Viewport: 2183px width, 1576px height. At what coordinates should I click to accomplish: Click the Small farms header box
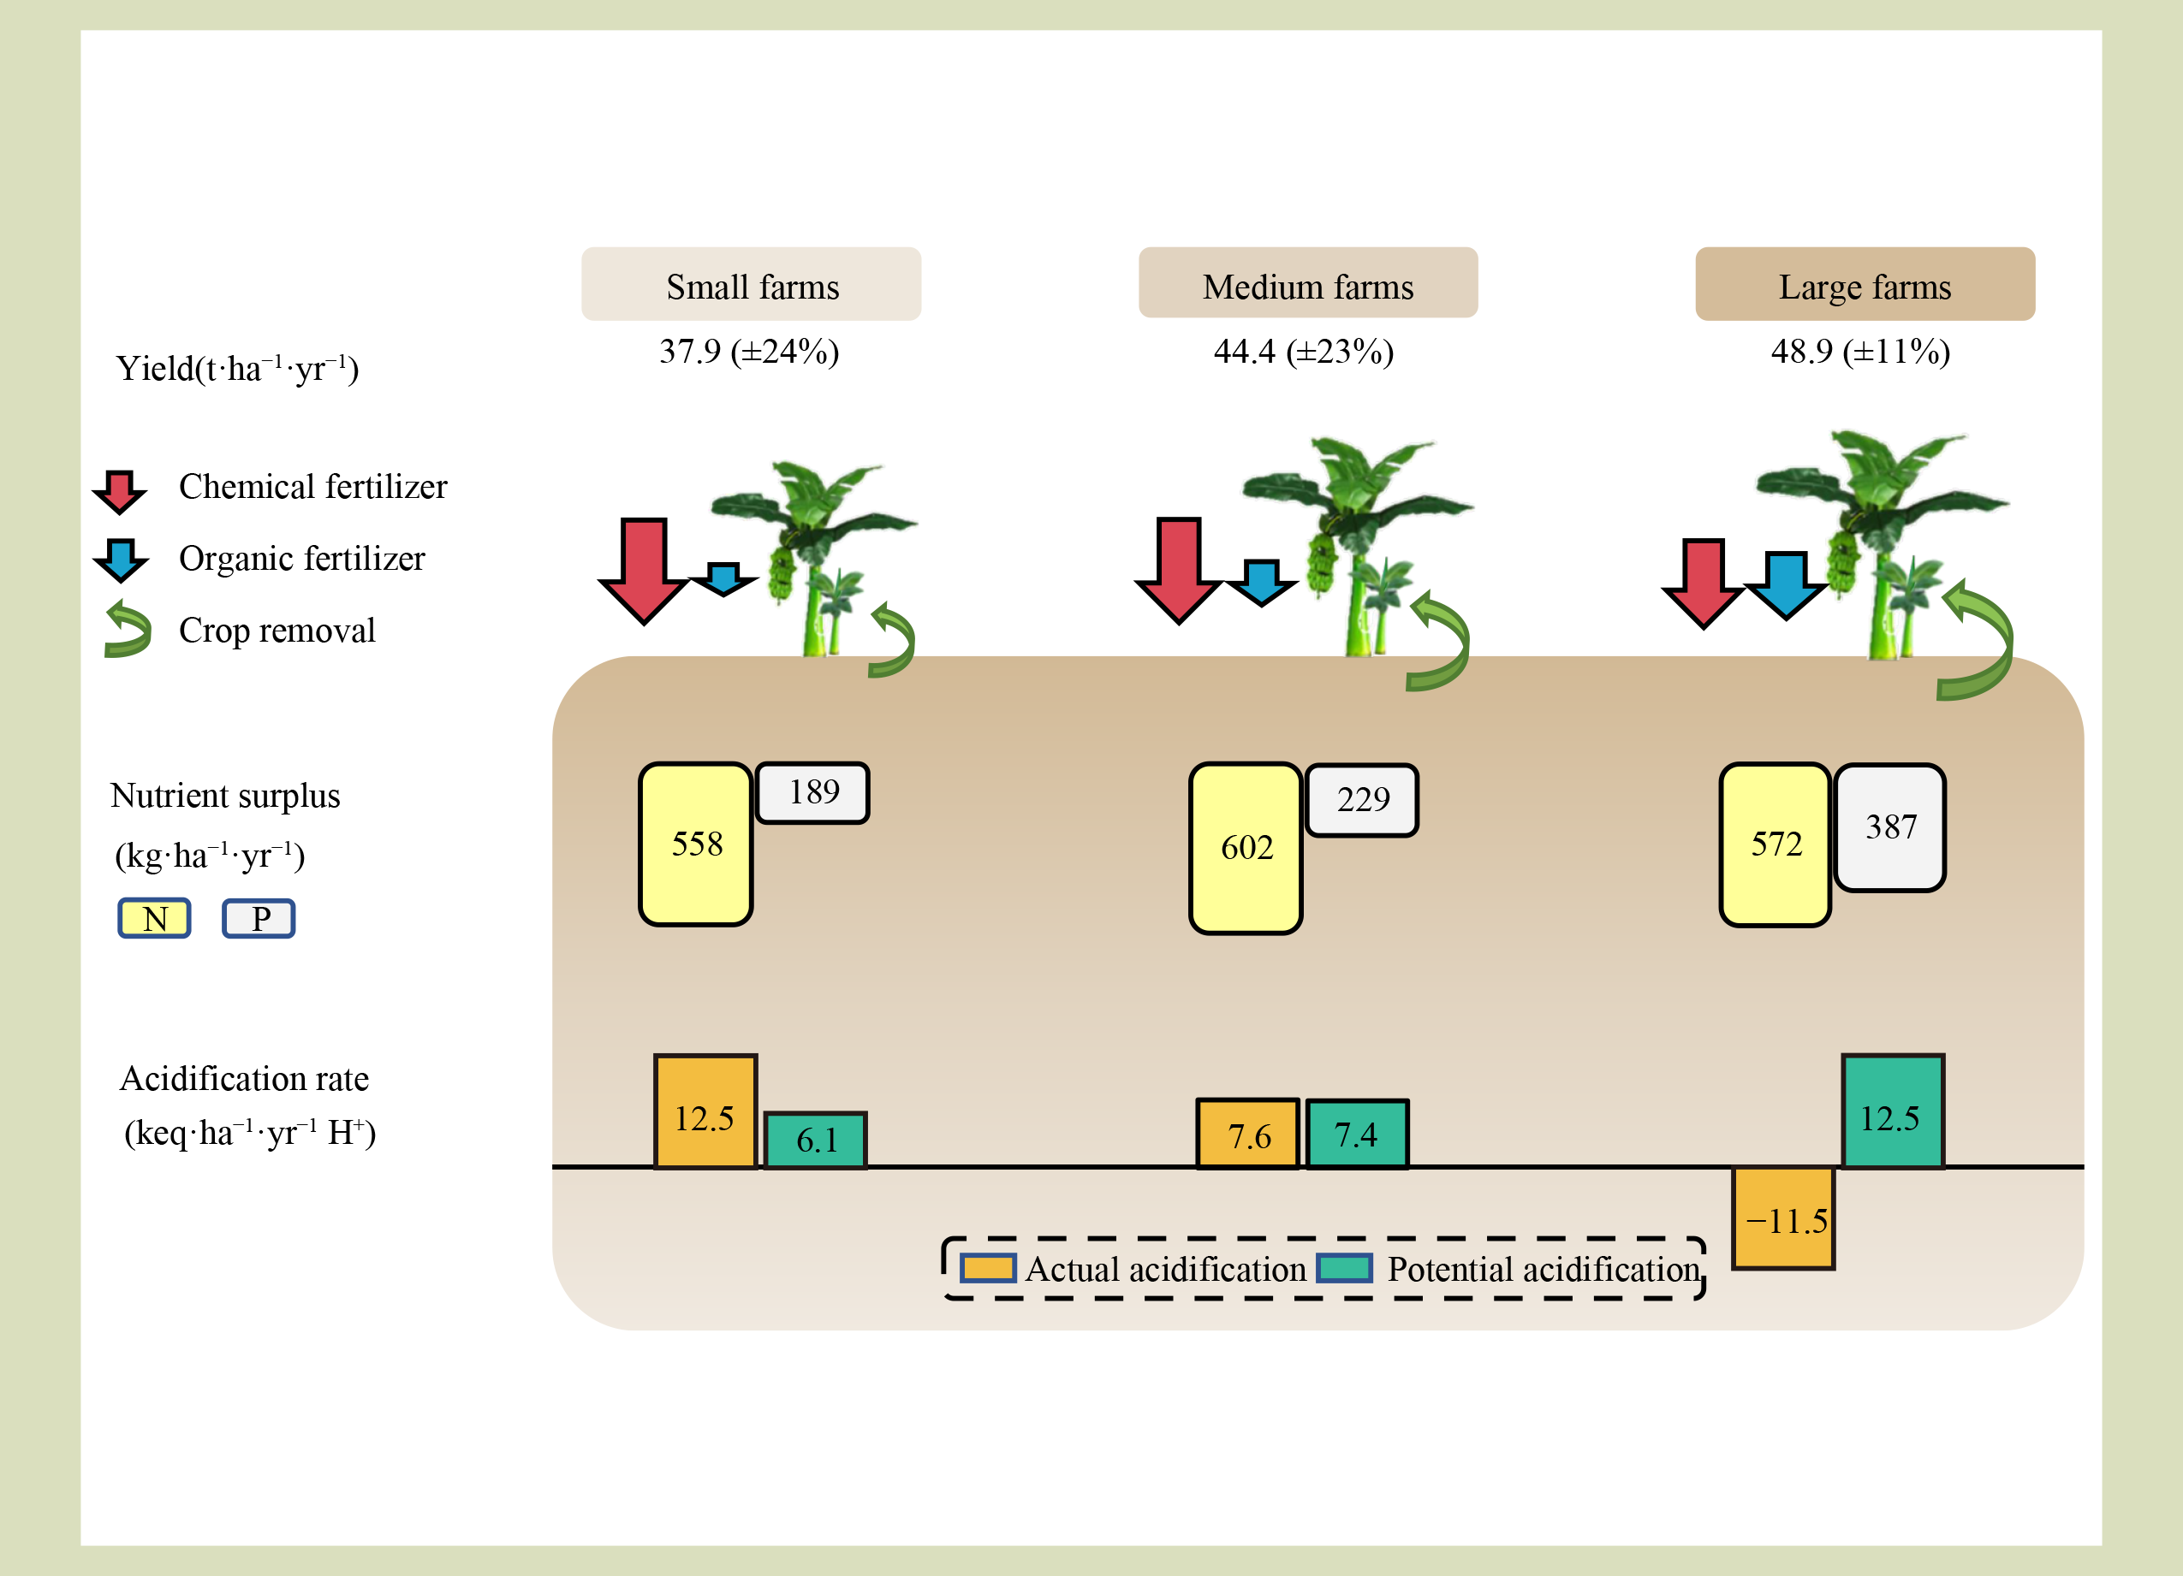751,285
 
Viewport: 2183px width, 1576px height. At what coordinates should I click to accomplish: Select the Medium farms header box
1307,284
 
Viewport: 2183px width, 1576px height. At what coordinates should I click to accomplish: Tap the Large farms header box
1865,285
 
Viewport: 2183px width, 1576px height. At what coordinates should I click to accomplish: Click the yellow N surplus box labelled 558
695,844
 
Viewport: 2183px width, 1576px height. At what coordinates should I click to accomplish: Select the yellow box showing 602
1246,848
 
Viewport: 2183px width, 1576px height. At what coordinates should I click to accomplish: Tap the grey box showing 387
1889,827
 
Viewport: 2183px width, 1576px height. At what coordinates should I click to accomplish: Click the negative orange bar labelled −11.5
1782,1218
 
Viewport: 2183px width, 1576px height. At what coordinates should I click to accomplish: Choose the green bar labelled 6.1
815,1141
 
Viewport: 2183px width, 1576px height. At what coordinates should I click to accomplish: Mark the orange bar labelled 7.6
1247,1135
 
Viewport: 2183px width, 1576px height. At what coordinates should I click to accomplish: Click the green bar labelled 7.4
1356,1135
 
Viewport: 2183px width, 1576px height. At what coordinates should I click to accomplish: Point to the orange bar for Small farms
705,1112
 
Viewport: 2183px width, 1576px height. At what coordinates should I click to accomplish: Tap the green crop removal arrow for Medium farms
1439,641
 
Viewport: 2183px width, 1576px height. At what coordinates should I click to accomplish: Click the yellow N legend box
154,918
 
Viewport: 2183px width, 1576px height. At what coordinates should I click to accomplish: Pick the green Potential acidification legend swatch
1344,1268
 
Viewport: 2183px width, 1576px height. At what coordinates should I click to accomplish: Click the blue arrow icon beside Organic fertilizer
121,559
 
